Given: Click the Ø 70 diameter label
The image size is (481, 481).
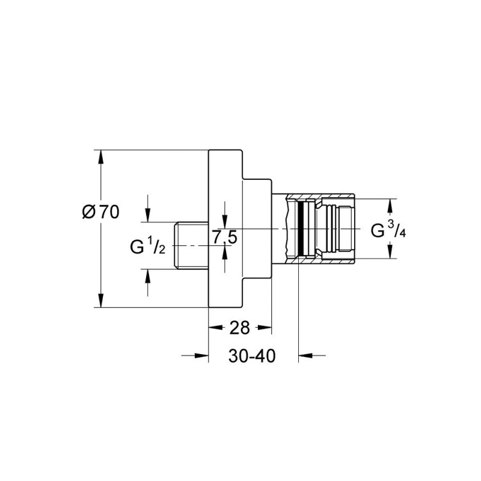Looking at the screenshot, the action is click(100, 212).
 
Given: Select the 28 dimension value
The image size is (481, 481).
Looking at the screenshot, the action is click(240, 328).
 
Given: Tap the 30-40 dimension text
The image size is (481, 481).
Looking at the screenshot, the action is click(252, 356).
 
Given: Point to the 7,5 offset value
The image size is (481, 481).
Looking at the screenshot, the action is click(225, 237).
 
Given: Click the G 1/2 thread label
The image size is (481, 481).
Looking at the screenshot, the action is click(147, 246).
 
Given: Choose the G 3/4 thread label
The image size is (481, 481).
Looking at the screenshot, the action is click(388, 230).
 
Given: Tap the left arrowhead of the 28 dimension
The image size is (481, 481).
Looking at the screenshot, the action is click(215, 328).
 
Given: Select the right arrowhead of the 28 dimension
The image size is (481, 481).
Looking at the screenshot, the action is click(265, 328).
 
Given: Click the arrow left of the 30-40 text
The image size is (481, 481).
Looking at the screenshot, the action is click(195, 355).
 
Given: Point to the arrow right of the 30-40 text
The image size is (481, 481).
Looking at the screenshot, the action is click(312, 355).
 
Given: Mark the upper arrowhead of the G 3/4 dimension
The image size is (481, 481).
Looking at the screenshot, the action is click(390, 206).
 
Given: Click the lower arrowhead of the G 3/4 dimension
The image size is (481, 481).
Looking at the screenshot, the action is click(390, 251).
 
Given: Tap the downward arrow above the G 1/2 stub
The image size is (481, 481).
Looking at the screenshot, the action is click(148, 208).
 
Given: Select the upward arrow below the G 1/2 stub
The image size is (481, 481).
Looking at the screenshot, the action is click(148, 283).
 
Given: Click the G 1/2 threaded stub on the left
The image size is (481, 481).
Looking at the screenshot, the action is click(191, 245).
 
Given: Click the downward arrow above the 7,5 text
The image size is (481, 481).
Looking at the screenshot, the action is click(225, 215).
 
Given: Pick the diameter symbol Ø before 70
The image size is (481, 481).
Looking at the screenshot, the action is click(89, 212).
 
